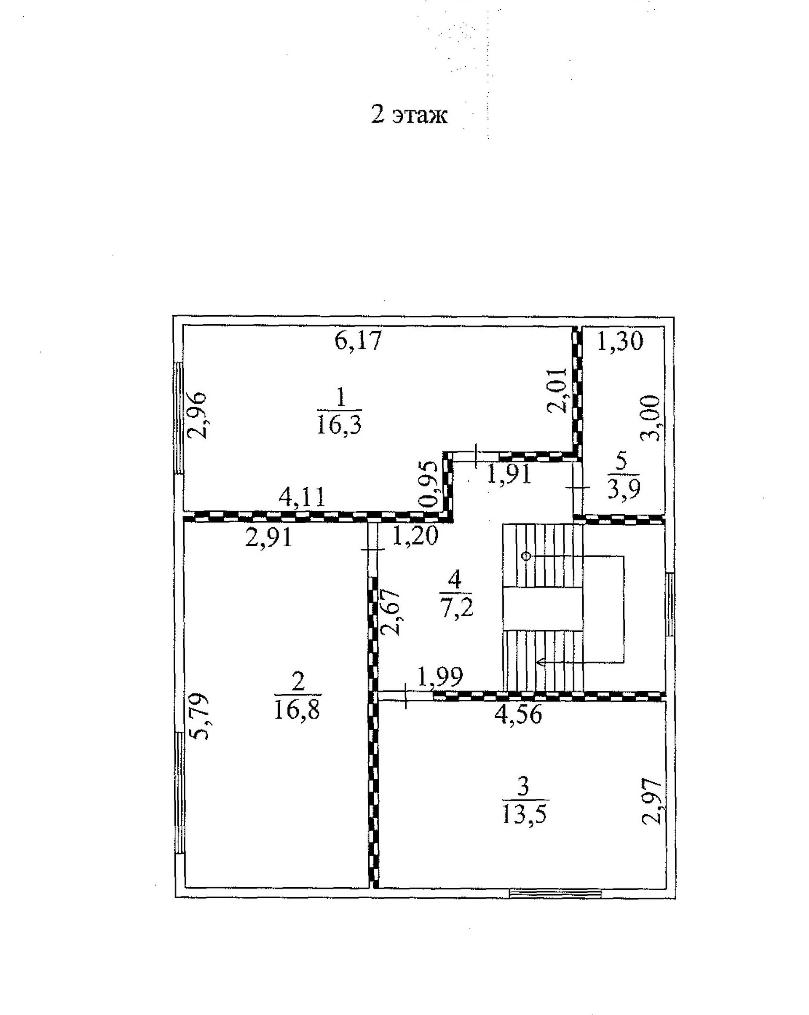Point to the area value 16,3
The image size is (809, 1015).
pos(339,426)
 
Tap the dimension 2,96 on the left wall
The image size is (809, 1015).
pos(197,415)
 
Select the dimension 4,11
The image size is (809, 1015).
pos(302,497)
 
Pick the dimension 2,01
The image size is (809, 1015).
pos(558,390)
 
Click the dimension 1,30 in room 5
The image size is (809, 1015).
pos(619,342)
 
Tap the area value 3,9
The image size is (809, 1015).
pos(624,491)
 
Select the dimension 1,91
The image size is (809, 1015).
pos(509,474)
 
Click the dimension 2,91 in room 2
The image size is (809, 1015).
pos(269,537)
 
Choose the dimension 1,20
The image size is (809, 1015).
pos(415,536)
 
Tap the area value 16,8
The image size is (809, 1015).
pos(297,710)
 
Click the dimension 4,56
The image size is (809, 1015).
pos(518,714)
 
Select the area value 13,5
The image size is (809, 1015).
pos(524,815)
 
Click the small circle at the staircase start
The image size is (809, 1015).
pos(526,556)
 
